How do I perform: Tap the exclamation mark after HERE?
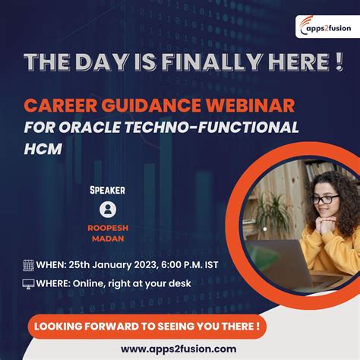point(336,62)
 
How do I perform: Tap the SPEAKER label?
point(107,190)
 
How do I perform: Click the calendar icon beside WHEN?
point(28,265)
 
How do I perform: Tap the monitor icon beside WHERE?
point(28,284)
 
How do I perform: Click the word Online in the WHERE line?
point(105,284)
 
